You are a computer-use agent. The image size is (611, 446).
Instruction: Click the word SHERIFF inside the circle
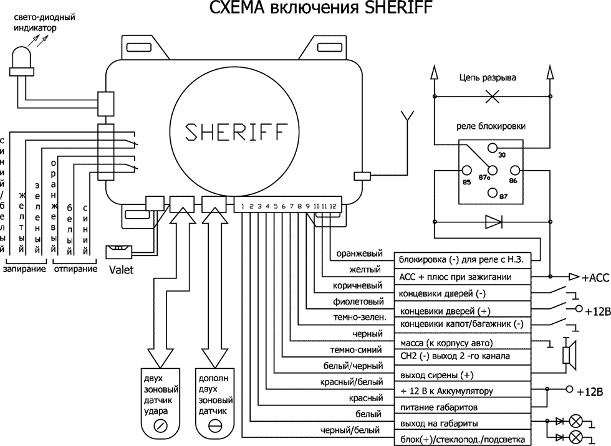236,133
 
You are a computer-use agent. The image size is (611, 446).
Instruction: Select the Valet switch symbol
118,251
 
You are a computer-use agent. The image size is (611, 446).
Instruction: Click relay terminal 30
492,148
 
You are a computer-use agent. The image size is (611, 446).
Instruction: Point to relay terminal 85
467,170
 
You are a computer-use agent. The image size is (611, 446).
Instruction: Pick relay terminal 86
514,170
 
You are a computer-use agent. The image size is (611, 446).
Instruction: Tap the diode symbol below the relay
493,221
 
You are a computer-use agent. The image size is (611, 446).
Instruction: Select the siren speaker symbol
569,354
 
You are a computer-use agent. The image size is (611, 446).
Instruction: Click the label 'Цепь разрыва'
488,78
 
